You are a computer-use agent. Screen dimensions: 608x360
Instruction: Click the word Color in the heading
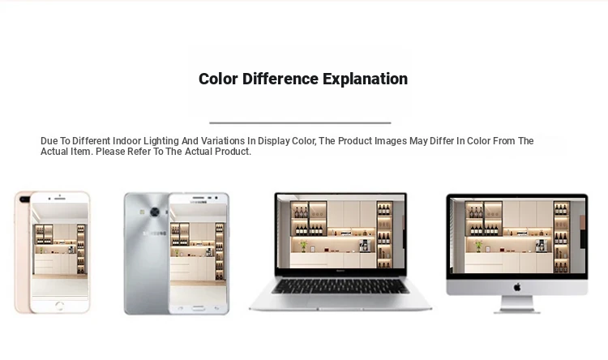point(218,79)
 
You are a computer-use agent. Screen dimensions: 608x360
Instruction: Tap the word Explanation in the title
point(366,79)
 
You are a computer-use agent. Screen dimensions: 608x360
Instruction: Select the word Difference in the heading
point(280,79)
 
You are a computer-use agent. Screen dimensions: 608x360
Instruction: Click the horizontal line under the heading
point(300,122)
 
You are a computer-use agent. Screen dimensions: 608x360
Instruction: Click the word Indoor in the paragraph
point(126,141)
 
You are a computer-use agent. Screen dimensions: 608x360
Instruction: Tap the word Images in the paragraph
point(391,141)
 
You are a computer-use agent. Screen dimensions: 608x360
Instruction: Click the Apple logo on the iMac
point(517,288)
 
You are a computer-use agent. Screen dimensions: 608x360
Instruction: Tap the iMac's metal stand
point(517,305)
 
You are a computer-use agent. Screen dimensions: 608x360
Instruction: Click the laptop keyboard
point(340,286)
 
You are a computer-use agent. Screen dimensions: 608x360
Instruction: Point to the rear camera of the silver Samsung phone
point(155,212)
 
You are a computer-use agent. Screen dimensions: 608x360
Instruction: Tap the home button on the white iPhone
point(59,306)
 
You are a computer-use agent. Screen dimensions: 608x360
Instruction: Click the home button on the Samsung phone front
point(198,308)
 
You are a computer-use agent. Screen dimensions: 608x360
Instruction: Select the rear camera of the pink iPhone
point(24,199)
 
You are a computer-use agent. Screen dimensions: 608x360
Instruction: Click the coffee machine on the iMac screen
point(542,245)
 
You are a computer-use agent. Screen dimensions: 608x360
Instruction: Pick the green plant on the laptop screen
point(304,246)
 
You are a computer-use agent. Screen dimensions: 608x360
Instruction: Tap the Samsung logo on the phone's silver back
point(155,234)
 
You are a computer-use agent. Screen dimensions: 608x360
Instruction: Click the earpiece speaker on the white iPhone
point(60,198)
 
